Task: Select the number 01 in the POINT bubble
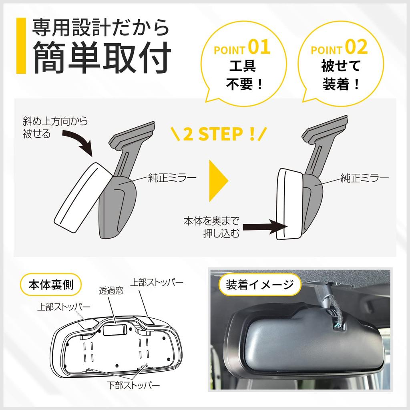click(x=259, y=47)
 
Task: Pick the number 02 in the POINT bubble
click(x=356, y=47)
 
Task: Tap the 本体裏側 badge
click(x=51, y=285)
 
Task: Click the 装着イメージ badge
click(x=260, y=285)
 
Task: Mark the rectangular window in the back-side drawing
click(x=115, y=330)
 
